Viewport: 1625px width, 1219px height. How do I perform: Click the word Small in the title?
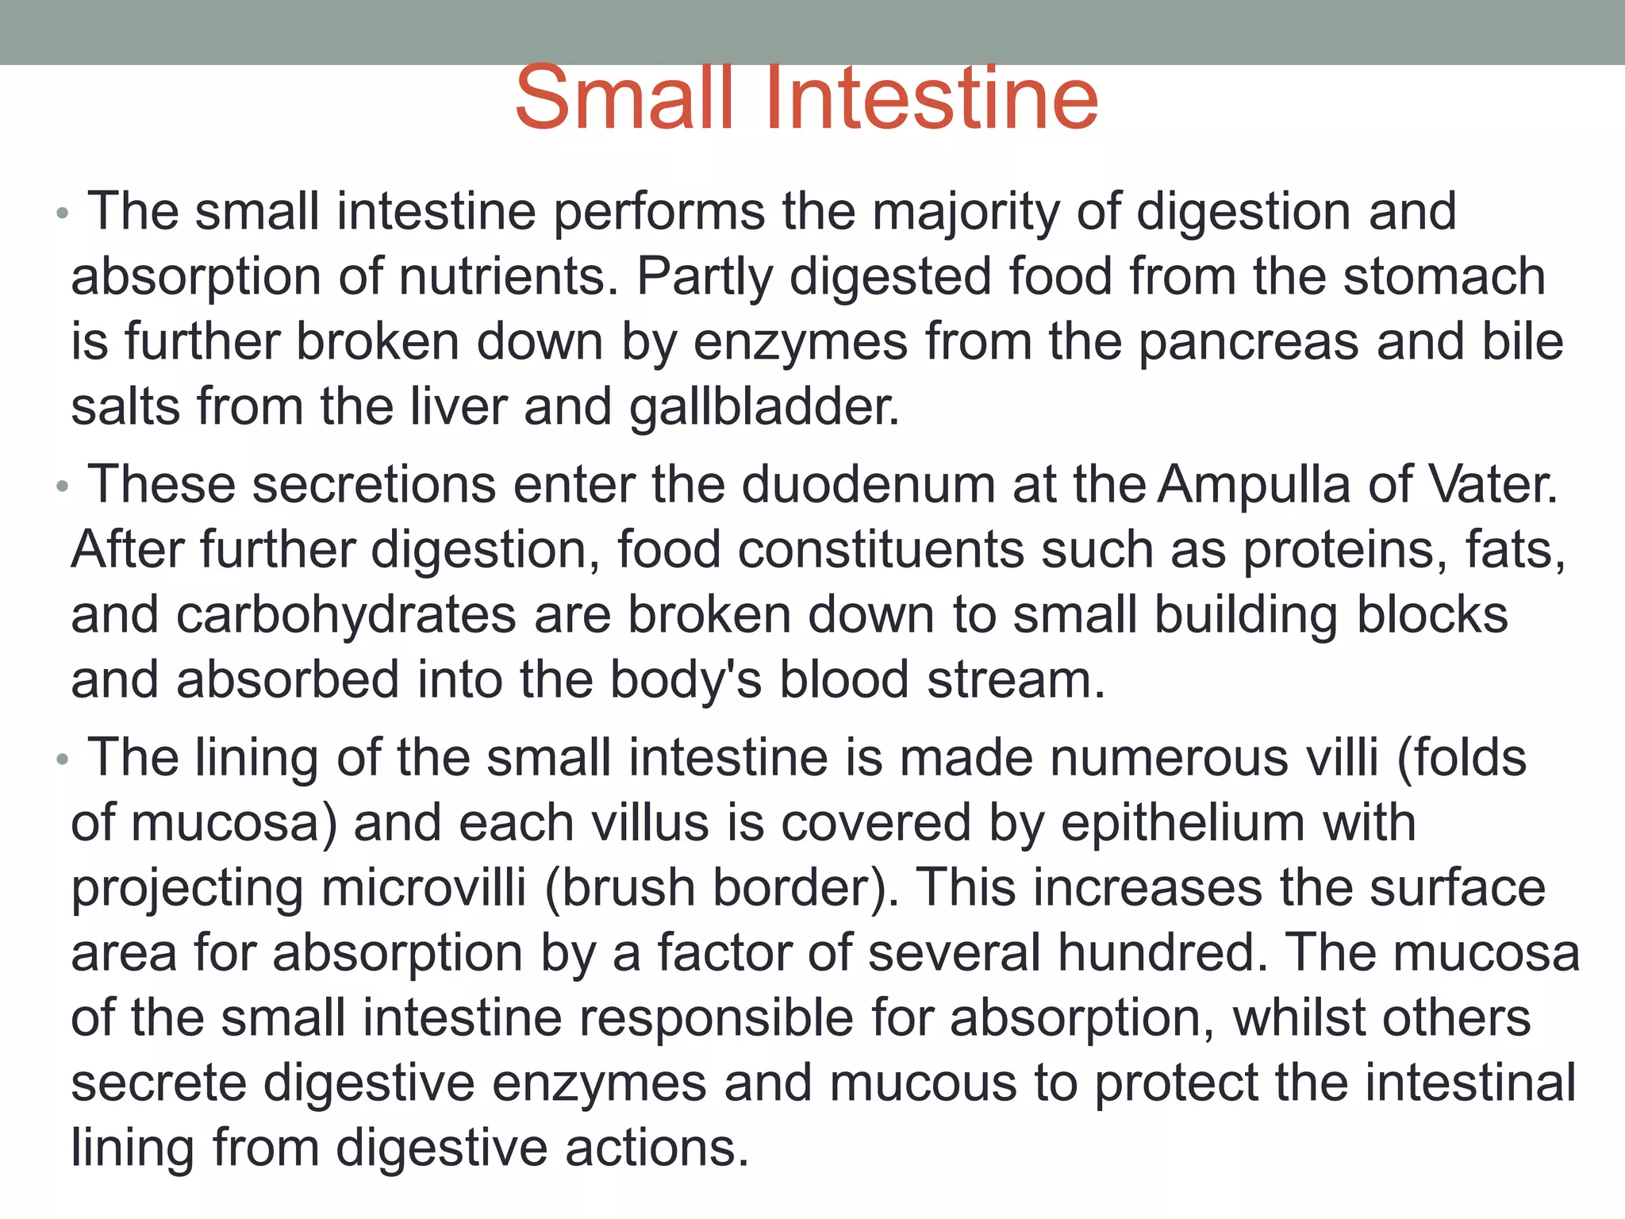point(624,98)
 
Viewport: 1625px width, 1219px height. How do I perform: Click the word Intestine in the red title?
point(932,98)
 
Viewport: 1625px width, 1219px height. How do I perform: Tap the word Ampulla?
point(1254,485)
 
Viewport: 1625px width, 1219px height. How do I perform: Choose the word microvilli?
point(424,888)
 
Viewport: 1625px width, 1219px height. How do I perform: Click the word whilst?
point(1300,1018)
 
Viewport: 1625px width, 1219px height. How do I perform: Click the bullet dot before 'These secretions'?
point(63,486)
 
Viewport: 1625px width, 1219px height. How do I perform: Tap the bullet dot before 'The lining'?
point(63,759)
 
